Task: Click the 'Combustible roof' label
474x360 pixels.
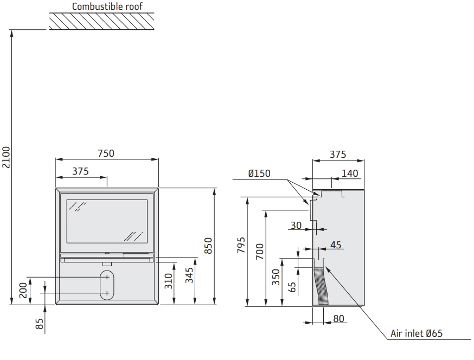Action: (x=107, y=7)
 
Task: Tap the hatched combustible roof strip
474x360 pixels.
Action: (x=101, y=21)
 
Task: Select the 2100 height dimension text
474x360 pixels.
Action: (x=6, y=157)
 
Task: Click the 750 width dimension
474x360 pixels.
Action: (x=106, y=153)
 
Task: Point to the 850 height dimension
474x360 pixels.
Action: (x=208, y=246)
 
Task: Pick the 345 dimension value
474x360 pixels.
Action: (x=189, y=275)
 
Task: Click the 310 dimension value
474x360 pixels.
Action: (x=169, y=281)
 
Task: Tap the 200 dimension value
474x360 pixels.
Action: (x=23, y=290)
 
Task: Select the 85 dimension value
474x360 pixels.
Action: (x=40, y=324)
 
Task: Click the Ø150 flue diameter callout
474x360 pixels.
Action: (x=259, y=173)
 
